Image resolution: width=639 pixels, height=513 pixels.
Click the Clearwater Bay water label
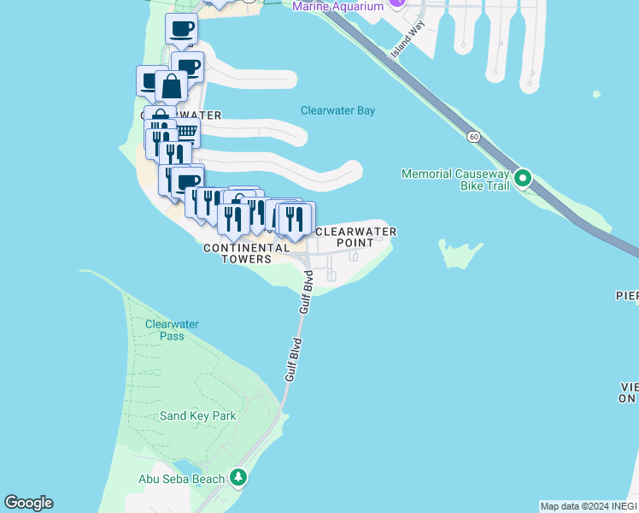(337, 110)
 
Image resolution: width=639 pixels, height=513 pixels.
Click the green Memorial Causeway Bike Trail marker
(523, 179)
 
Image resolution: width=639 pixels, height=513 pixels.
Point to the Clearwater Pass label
(172, 330)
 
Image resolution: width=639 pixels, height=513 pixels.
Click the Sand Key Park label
(198, 416)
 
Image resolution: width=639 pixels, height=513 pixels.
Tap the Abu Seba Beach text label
(181, 479)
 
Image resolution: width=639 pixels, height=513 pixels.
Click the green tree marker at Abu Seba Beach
(240, 477)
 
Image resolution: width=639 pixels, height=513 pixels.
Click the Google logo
(28, 503)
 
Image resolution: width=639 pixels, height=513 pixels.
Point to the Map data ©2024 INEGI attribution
(587, 506)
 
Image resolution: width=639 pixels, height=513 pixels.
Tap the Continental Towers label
(246, 253)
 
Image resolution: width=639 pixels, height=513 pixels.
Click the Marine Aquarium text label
(337, 6)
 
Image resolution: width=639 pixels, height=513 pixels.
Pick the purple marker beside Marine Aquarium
(396, 3)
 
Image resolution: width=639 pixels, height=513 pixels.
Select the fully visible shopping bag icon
(171, 87)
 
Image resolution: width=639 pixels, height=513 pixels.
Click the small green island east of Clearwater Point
(460, 253)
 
